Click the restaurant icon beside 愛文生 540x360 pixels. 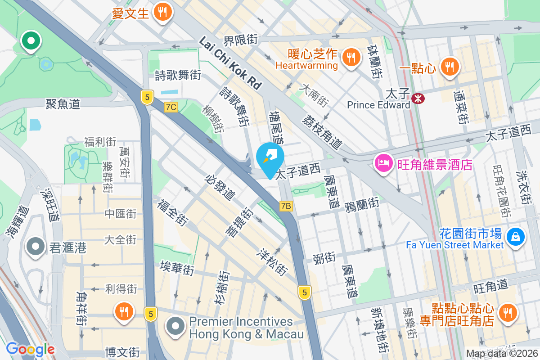(x=162, y=12)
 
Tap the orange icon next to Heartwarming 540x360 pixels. (x=350, y=57)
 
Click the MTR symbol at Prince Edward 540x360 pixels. (x=418, y=98)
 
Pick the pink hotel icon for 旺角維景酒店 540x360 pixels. (x=383, y=163)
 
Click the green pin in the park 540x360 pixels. (x=31, y=41)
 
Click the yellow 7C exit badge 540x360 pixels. (x=171, y=107)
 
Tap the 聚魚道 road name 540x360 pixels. (x=63, y=104)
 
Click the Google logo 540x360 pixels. (x=30, y=349)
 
